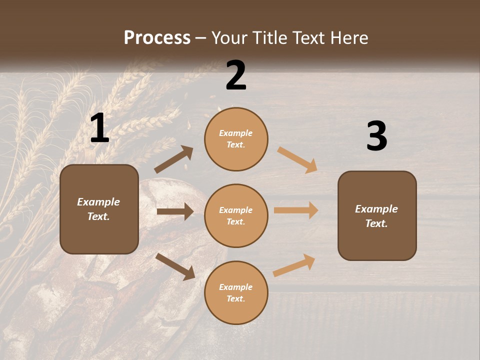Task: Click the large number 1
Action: [x=99, y=128]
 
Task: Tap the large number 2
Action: [x=236, y=75]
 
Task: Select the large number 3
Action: [x=376, y=136]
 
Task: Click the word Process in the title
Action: [x=157, y=37]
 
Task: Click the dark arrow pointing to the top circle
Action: [x=173, y=159]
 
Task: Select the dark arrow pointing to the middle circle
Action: [x=175, y=211]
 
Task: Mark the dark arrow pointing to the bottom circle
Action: [x=175, y=266]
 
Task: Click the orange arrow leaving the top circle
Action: [x=297, y=160]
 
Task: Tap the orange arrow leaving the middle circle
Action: [x=296, y=210]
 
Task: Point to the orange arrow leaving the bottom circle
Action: [x=294, y=265]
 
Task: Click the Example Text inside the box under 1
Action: [x=99, y=209]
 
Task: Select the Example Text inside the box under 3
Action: [x=376, y=216]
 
